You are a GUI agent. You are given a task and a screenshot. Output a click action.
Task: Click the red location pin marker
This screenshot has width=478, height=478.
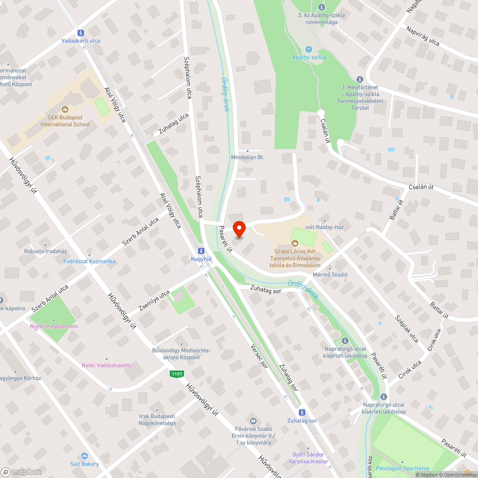point(239,229)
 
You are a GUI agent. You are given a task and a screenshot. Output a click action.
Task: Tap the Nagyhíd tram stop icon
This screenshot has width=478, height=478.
point(201,250)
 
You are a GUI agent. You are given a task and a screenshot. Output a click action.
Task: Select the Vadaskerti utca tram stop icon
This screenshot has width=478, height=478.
point(81,33)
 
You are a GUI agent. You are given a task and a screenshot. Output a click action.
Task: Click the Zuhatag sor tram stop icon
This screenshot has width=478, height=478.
point(302,413)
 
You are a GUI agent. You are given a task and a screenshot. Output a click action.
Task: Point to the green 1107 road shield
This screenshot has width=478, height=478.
point(176,374)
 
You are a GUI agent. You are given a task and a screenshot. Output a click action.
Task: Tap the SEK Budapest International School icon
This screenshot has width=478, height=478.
point(65,109)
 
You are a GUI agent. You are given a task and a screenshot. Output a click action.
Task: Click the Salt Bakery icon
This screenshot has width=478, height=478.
point(85,456)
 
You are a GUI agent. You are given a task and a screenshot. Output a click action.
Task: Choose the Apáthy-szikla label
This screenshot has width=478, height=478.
point(309,57)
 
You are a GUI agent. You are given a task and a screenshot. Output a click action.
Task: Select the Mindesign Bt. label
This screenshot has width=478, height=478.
point(247,157)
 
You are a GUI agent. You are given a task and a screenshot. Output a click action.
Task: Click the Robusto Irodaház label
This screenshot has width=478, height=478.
point(45,251)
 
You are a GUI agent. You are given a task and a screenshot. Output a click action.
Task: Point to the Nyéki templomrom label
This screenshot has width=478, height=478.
point(54,326)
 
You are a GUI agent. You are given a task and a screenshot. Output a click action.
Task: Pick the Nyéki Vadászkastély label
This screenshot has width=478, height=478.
point(107,365)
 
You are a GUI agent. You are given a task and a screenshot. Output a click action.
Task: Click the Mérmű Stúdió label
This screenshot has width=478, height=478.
point(329,275)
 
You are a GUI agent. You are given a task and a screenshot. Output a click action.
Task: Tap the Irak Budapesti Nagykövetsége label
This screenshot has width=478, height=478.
point(157,420)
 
